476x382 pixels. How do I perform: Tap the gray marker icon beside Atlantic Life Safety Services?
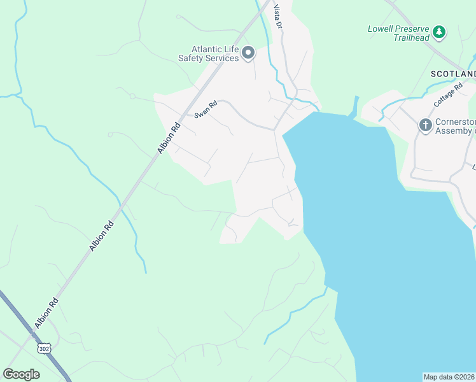(248, 53)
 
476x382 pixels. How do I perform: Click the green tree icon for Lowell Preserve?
(438, 31)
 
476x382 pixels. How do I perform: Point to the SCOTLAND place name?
(452, 74)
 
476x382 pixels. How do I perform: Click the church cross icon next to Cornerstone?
(425, 125)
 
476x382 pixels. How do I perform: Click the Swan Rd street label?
(206, 110)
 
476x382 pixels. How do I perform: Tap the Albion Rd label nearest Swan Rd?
(169, 137)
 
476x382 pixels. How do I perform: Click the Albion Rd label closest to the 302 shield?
(48, 312)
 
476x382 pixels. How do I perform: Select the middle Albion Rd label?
(102, 235)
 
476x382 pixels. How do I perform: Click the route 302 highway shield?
(44, 348)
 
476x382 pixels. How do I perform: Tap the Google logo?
(21, 374)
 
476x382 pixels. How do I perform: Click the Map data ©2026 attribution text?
(449, 377)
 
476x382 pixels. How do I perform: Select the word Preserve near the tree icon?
(412, 29)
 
